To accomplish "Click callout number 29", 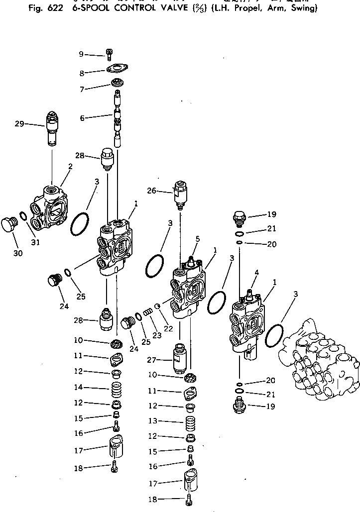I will pos(19,123).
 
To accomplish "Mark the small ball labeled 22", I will pos(158,306).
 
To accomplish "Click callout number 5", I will pos(197,239).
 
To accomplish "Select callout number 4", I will pos(256,272).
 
